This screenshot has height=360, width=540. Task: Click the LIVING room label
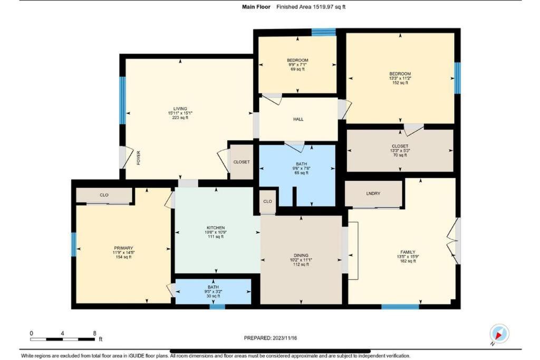point(180,109)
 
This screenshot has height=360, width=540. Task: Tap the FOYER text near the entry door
point(139,158)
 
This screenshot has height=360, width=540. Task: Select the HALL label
point(298,119)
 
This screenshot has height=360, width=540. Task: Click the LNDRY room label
point(373,193)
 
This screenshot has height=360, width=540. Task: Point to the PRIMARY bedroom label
point(123,248)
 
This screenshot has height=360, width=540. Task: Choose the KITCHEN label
point(216,228)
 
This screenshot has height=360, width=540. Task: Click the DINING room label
point(301,255)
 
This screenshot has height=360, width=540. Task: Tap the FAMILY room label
point(408,252)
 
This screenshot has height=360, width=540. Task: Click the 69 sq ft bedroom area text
point(297,69)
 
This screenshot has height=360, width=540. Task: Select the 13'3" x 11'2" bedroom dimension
point(400,78)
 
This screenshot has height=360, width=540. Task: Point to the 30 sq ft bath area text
point(213,296)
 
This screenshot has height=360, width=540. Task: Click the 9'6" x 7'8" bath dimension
point(301,168)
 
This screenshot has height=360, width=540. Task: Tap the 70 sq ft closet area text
point(400,155)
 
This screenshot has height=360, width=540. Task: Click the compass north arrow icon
point(499,333)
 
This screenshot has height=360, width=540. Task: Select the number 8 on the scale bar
point(94,333)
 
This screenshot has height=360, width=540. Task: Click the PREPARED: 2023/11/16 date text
point(271,338)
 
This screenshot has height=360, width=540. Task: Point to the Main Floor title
point(256,7)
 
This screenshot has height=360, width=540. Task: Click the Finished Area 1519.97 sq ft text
point(311,7)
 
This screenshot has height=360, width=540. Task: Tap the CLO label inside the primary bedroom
point(104,195)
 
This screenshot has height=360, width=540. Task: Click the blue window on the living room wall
point(122,100)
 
